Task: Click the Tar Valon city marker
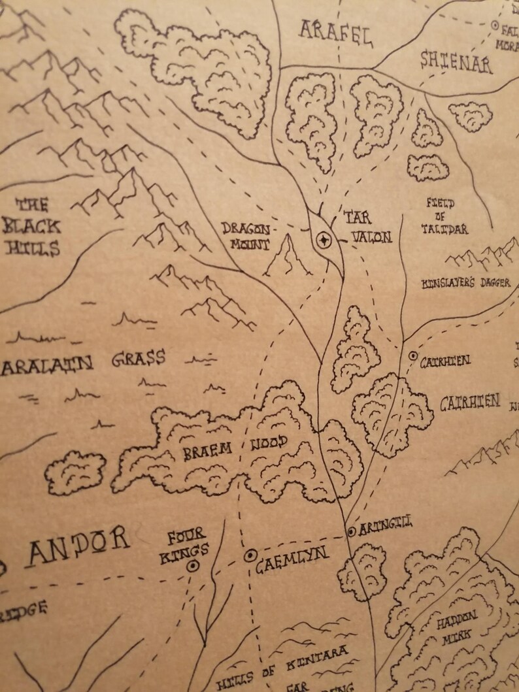(322, 240)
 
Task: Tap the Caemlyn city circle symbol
(249, 556)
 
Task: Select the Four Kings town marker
(193, 567)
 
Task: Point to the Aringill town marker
(352, 531)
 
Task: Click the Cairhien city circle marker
(412, 356)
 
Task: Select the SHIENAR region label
(456, 62)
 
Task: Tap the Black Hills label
(31, 227)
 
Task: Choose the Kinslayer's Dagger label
(466, 284)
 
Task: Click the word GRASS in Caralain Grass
(138, 359)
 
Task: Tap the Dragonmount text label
(245, 236)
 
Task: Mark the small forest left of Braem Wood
(75, 472)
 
